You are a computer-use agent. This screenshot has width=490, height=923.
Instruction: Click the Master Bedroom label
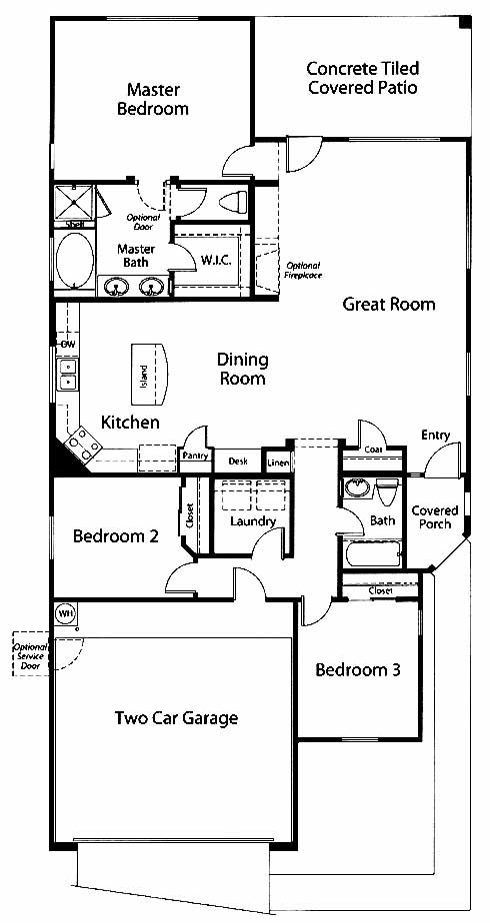(153, 99)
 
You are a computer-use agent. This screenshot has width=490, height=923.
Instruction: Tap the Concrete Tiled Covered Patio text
(363, 78)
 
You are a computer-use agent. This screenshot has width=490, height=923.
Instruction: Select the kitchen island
(150, 375)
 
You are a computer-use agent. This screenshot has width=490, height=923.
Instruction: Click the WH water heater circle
(65, 613)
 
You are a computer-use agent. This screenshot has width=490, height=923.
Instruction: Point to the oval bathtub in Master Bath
(75, 260)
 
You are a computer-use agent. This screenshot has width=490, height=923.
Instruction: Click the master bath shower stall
(74, 202)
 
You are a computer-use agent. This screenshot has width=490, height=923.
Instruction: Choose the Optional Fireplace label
(304, 270)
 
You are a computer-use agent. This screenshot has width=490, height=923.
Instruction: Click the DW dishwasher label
(68, 344)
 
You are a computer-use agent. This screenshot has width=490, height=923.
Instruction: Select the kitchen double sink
(68, 375)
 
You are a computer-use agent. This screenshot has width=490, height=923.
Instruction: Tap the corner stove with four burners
(83, 444)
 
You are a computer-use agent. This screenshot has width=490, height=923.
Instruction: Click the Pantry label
(195, 456)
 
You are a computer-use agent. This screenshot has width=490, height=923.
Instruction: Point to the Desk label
(238, 461)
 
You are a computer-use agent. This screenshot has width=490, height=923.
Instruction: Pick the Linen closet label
(278, 462)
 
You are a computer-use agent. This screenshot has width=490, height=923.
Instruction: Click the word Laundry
(253, 521)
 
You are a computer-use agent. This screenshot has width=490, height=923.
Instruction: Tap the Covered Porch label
(435, 516)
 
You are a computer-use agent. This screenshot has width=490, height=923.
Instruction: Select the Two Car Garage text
(177, 718)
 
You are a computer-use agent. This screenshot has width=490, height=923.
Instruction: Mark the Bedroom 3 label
(358, 670)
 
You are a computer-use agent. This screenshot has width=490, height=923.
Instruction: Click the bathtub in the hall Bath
(373, 554)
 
